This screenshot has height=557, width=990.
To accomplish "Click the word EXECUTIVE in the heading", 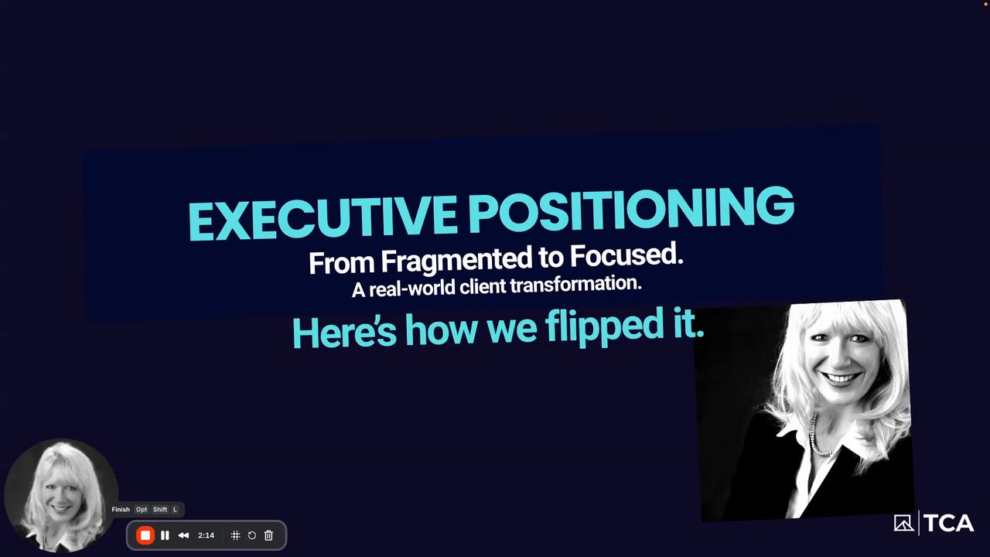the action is (323, 218).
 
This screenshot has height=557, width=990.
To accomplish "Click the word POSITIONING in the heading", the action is (631, 209).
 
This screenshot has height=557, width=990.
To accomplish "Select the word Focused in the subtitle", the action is (626, 255).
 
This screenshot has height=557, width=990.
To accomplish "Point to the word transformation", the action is (575, 284).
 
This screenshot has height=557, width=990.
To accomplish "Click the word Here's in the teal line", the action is (344, 333).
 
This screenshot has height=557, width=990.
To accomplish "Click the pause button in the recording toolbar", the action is (165, 535).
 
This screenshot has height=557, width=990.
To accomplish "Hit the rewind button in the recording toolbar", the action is (183, 535).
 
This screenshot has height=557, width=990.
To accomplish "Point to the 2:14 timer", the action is (206, 535).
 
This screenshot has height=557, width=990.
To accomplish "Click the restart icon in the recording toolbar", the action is (252, 535).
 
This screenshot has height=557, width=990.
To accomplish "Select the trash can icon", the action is (268, 535).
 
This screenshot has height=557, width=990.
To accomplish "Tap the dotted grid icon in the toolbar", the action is (236, 535).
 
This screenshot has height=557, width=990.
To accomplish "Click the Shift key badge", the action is (160, 509).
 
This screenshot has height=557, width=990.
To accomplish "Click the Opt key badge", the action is (142, 509).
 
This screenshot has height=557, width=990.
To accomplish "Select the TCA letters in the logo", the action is (948, 523).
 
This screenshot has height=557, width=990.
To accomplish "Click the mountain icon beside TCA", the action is (904, 523).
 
